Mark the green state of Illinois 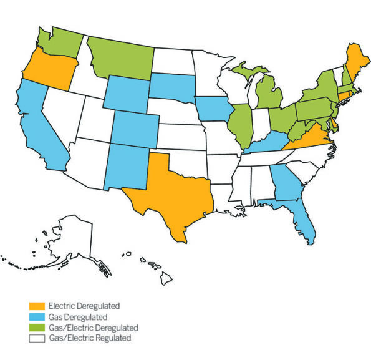239,125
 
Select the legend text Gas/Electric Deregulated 94,328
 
